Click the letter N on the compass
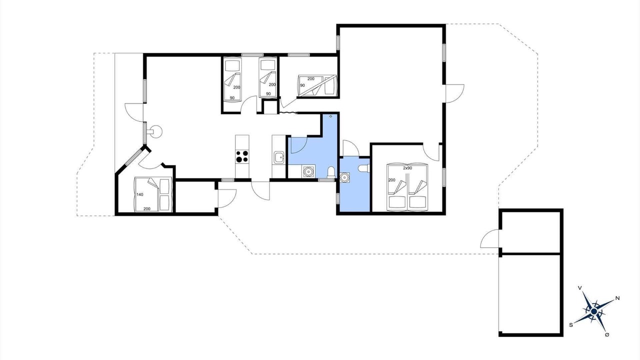pyautogui.click(x=617, y=298)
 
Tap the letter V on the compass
pyautogui.click(x=580, y=288)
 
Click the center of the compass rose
pyautogui.click(x=594, y=311)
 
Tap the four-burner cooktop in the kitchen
pyautogui.click(x=242, y=156)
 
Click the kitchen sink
pyautogui.click(x=278, y=157)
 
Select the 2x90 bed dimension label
pyautogui.click(x=407, y=168)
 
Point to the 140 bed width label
pyautogui.click(x=139, y=194)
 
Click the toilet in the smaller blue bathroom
pyautogui.click(x=365, y=168)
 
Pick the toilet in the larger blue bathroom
pyautogui.click(x=331, y=172)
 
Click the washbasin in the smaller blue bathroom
pyautogui.click(x=345, y=177)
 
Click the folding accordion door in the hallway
pyautogui.click(x=288, y=113)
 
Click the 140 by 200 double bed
pyautogui.click(x=153, y=194)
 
